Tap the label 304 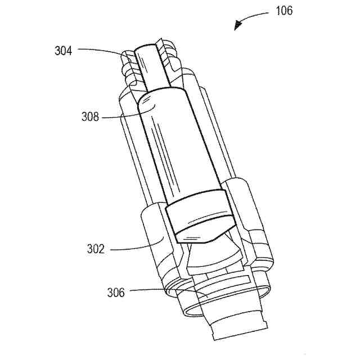(63, 50)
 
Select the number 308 (90, 117)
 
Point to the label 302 (95, 249)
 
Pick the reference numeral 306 (116, 292)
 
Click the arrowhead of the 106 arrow (238, 25)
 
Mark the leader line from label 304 (101, 50)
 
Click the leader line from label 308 (121, 116)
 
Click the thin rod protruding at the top (151, 67)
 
